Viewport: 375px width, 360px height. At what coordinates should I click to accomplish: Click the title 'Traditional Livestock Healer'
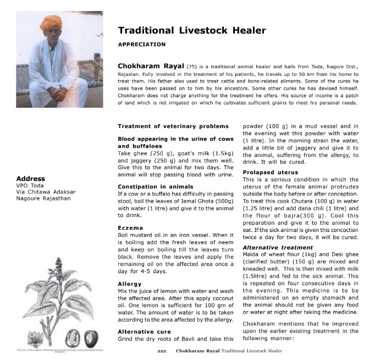(x=192, y=31)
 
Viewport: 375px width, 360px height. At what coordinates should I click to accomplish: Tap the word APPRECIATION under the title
(x=142, y=44)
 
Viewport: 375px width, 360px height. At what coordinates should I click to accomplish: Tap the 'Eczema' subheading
(x=130, y=227)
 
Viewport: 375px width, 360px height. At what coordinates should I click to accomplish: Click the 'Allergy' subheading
(x=130, y=284)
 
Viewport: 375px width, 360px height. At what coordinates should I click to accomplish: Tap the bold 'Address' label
(x=31, y=179)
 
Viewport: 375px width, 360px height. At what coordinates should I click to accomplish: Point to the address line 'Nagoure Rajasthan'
(x=43, y=198)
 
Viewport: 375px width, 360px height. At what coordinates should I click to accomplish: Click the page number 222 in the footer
(x=162, y=350)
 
